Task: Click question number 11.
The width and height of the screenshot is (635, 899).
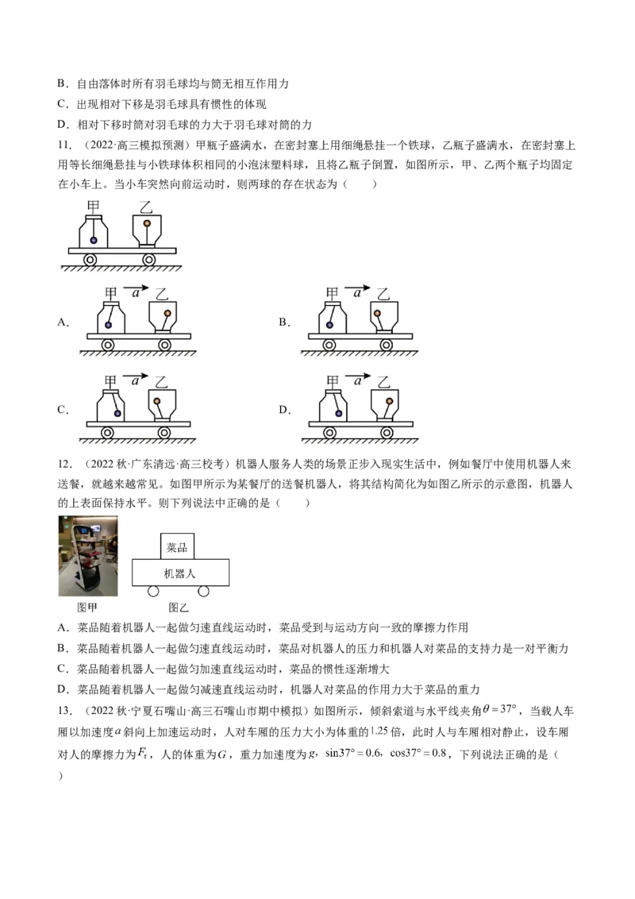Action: click(x=64, y=145)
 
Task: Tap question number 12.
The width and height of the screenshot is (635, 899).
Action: click(x=64, y=465)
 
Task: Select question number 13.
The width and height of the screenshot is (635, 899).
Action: click(x=64, y=711)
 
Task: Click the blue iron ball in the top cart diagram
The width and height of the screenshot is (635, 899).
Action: click(x=93, y=240)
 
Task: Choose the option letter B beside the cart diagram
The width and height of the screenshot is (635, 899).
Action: click(x=283, y=322)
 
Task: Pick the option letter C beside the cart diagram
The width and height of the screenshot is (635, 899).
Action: click(x=63, y=410)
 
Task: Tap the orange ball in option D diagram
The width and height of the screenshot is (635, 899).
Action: click(x=389, y=401)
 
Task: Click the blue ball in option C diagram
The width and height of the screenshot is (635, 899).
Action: click(x=117, y=413)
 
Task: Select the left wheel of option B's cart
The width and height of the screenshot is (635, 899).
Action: click(x=329, y=345)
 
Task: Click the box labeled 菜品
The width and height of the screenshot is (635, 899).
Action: click(x=176, y=546)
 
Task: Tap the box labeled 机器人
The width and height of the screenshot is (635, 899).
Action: click(x=180, y=572)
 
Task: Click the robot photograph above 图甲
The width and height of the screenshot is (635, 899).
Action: click(x=88, y=556)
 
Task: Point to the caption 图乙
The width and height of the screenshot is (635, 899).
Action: click(x=179, y=608)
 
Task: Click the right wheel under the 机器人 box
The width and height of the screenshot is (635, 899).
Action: click(x=203, y=591)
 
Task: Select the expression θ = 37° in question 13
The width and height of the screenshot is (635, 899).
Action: click(x=500, y=709)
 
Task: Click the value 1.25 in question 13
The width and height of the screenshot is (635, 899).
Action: click(x=379, y=731)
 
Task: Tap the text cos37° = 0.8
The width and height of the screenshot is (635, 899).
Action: click(x=418, y=754)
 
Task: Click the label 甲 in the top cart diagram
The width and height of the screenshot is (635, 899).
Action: click(x=93, y=206)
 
